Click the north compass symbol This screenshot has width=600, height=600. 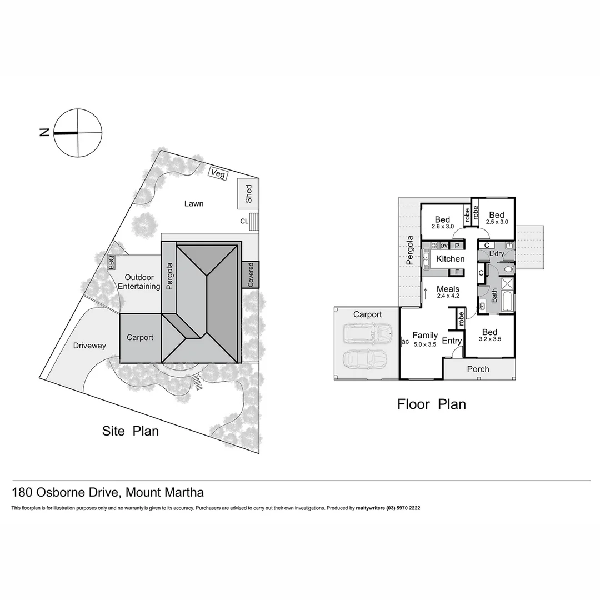point(78,133)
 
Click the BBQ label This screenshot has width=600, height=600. point(111,262)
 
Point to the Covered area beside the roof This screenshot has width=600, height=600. point(251,274)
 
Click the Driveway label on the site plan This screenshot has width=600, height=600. point(89,346)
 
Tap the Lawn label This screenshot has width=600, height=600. point(194,203)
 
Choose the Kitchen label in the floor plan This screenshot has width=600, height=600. point(450,259)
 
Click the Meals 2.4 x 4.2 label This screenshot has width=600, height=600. point(448,292)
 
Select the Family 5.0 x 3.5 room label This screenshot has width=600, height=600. point(425,339)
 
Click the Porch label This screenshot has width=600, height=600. point(478,369)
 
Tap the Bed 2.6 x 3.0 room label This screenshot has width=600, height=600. point(442,222)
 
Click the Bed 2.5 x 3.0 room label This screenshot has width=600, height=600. point(497,218)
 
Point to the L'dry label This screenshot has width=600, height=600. point(497,254)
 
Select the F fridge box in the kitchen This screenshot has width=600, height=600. point(457,272)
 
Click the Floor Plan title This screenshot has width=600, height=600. point(431,404)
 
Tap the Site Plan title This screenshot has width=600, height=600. point(131,431)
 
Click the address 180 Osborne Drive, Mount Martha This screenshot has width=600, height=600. point(108,492)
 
